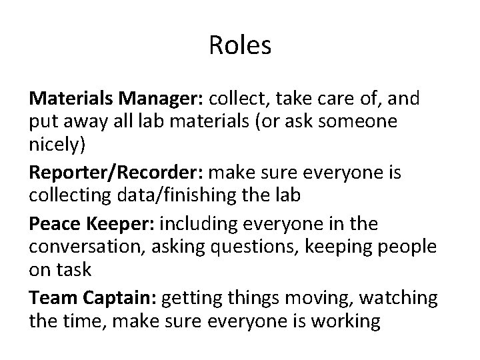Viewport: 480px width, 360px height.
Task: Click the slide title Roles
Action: (240, 45)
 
